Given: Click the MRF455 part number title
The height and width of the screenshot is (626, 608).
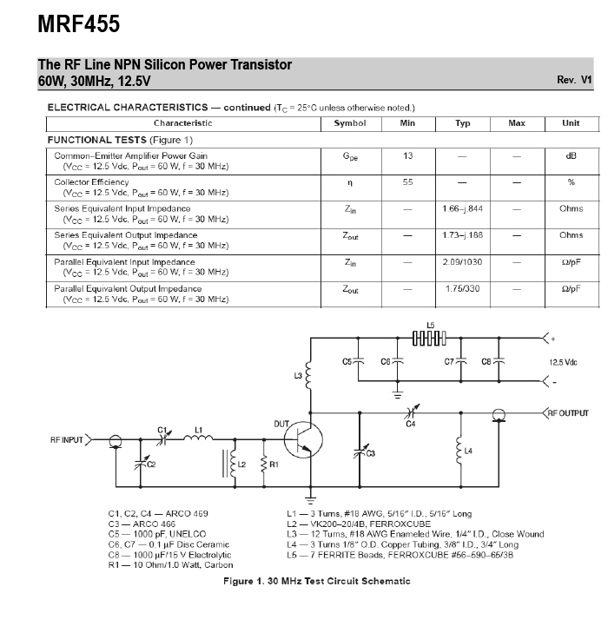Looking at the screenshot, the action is (x=79, y=24).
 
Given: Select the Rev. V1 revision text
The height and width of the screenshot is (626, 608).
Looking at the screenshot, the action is (x=574, y=80).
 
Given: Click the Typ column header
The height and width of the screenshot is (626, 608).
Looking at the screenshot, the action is (x=463, y=123).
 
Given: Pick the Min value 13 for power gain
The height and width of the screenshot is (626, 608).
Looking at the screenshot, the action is (x=407, y=155).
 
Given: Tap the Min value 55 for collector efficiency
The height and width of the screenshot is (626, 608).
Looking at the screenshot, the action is (x=407, y=182).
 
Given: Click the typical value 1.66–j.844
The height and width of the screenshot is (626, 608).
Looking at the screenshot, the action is (x=462, y=208).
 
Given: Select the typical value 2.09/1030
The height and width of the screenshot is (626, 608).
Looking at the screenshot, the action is (x=462, y=262).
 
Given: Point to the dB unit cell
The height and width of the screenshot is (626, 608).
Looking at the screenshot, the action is (x=571, y=155).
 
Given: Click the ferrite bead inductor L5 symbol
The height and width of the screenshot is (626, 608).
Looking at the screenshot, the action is (x=429, y=338).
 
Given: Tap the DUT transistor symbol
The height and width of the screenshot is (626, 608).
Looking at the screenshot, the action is (x=304, y=439).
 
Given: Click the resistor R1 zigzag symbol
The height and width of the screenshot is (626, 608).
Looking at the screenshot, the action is (x=264, y=465).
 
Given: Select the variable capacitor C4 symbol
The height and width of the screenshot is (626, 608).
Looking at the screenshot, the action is (x=412, y=412).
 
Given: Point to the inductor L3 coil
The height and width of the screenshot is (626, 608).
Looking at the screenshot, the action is (x=309, y=375).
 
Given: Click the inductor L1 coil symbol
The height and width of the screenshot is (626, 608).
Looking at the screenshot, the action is (x=198, y=438).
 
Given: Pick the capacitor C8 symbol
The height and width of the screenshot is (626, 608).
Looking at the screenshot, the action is (x=499, y=361).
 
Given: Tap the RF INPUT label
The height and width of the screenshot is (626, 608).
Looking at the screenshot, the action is (x=67, y=440).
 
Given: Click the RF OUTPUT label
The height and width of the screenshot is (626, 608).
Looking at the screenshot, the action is (x=568, y=413).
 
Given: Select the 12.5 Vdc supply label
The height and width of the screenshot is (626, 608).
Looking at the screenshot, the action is (x=563, y=363).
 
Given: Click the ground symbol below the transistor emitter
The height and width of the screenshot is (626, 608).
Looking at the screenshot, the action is (x=310, y=500).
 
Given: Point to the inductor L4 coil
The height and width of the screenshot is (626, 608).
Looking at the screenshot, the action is (x=459, y=451).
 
